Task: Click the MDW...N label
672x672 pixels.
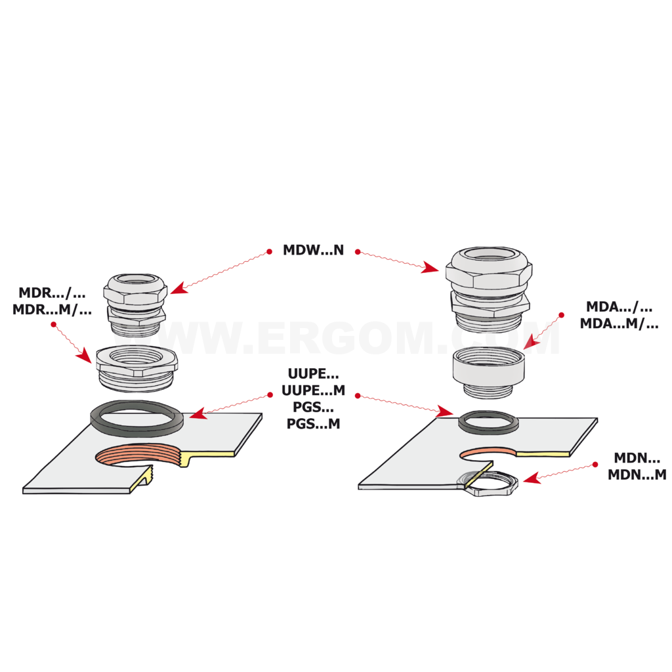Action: coord(313,250)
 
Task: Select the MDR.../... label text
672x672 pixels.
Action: coord(52,293)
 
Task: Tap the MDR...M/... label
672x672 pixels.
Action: coord(52,310)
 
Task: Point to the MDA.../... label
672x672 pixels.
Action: coord(619,307)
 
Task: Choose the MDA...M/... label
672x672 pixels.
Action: coord(619,324)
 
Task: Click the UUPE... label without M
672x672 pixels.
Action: coord(313,373)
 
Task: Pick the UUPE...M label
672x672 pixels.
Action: coord(313,390)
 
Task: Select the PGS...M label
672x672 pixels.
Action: coord(313,424)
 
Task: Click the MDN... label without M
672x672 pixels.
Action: coord(637,458)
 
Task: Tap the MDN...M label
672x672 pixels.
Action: coord(637,475)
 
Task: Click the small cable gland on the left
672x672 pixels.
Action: coord(135,304)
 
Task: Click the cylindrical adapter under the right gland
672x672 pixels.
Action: coord(488,371)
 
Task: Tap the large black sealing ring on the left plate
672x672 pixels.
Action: coord(136,418)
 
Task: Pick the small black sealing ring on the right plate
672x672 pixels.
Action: coord(488,422)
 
